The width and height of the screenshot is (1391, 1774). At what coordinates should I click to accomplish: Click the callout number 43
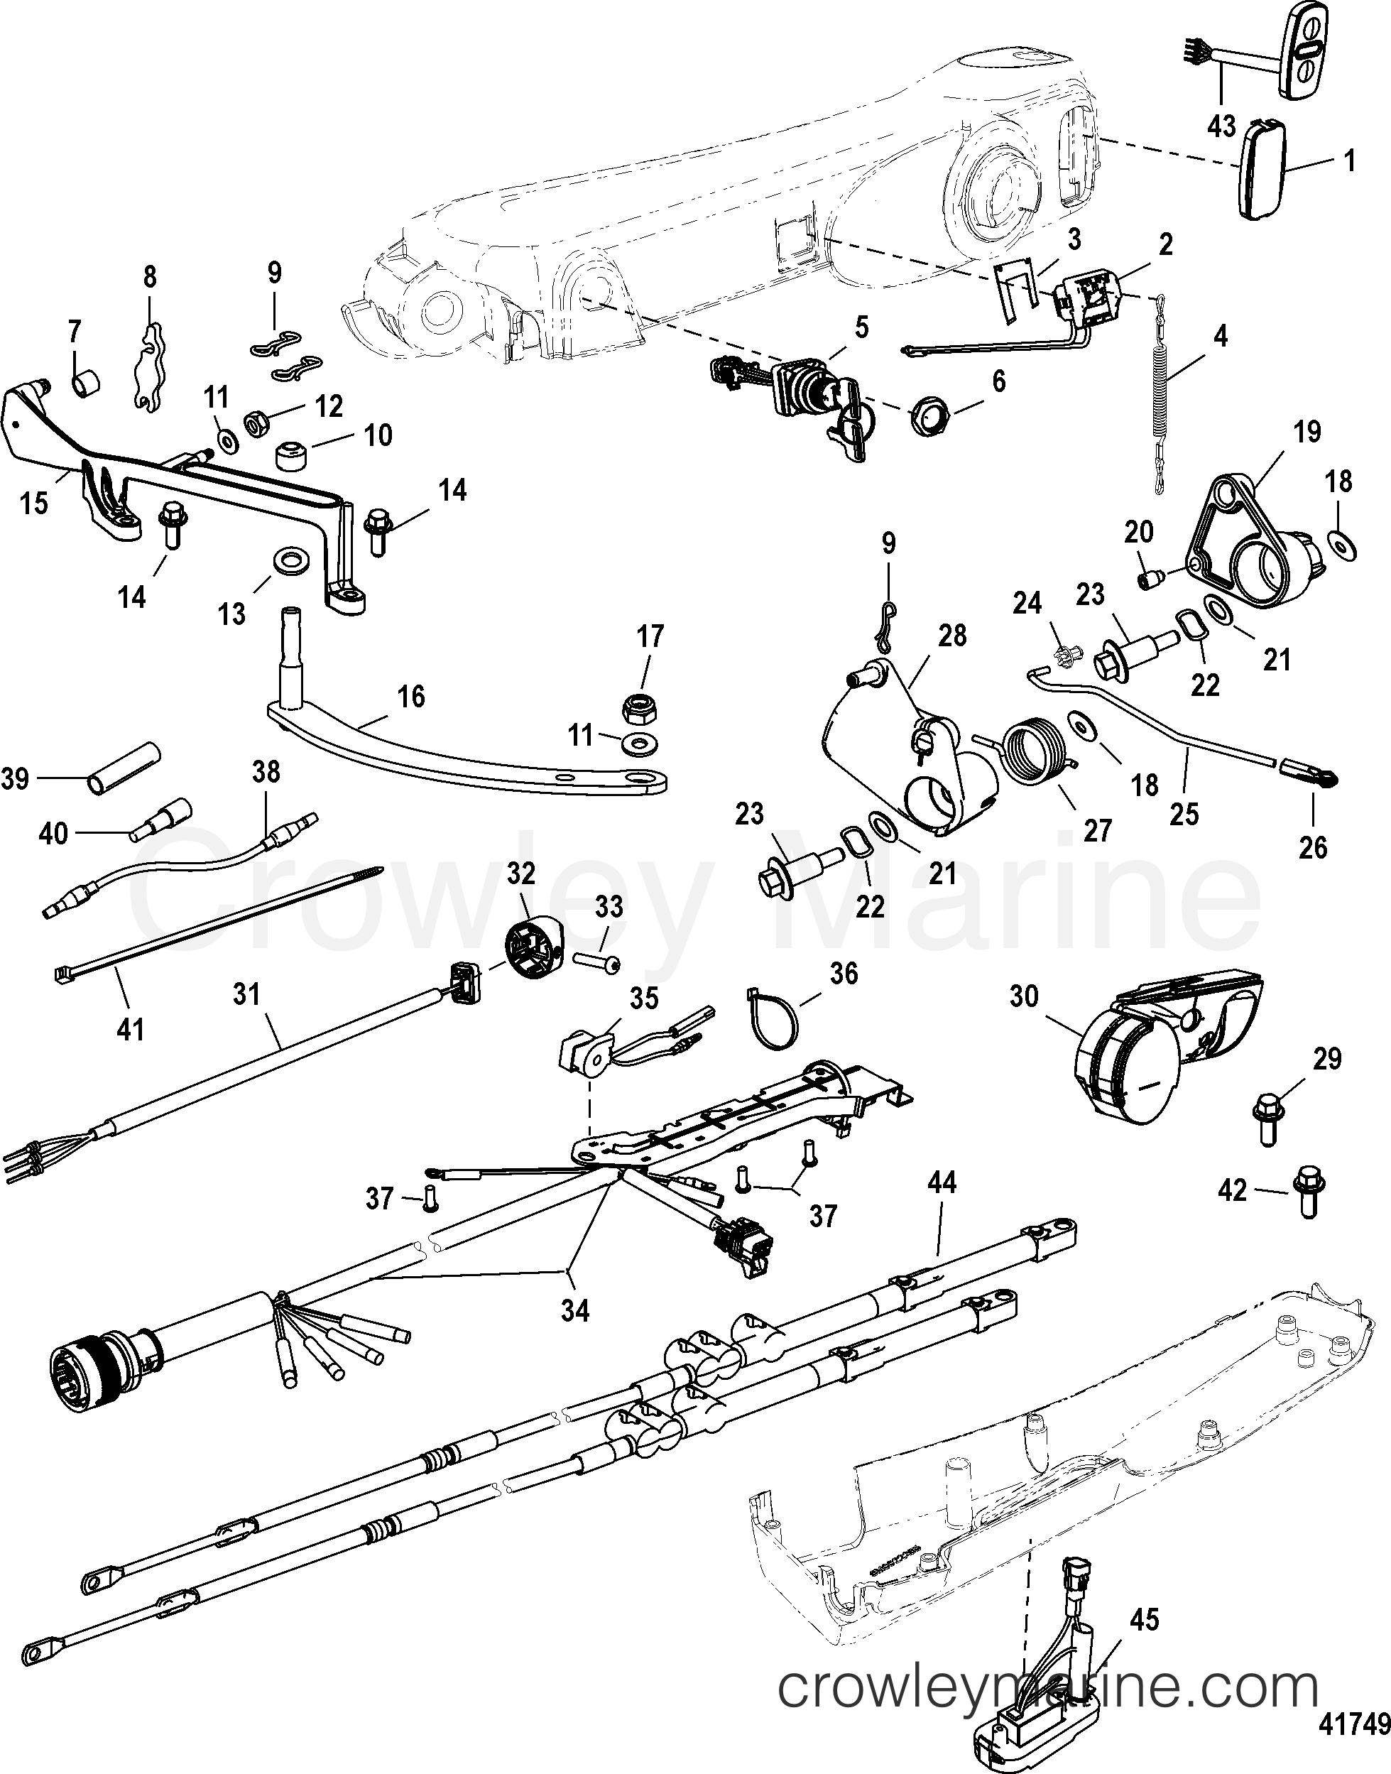(1221, 129)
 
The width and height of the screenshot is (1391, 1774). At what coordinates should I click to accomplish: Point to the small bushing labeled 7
(85, 382)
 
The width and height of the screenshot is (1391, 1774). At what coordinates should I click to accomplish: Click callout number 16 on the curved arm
(411, 697)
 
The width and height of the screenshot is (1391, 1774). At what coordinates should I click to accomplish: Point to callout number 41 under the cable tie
(131, 1030)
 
